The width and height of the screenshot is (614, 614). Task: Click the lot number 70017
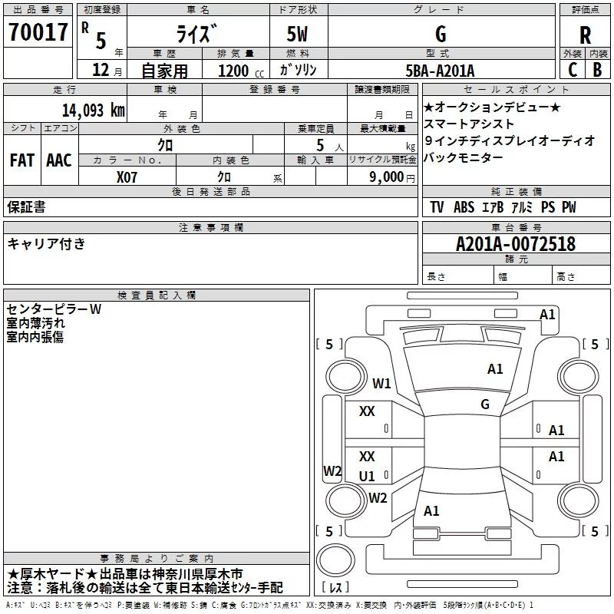(x=38, y=31)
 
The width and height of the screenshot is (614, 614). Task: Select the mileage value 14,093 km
(x=94, y=111)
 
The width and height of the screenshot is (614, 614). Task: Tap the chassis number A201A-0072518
(x=516, y=244)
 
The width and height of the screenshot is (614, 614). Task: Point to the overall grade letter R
(x=585, y=35)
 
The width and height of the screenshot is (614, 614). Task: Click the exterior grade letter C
(x=573, y=69)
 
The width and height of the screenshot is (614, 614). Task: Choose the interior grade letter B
(x=597, y=69)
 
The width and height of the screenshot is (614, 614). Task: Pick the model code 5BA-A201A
(x=440, y=71)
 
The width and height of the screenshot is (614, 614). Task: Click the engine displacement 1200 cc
(x=241, y=71)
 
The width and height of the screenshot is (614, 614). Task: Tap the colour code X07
(x=127, y=177)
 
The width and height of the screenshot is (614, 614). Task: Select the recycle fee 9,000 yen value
(x=392, y=177)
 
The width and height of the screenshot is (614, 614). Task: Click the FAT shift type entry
(x=22, y=160)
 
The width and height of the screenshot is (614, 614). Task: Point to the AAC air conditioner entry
(x=59, y=160)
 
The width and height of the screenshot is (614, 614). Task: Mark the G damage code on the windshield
(x=485, y=404)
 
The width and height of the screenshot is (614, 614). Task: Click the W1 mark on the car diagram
(x=381, y=383)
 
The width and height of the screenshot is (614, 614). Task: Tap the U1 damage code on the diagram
(x=367, y=476)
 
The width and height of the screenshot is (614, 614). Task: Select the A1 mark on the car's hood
(x=495, y=368)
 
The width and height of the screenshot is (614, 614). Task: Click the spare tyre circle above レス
(x=335, y=560)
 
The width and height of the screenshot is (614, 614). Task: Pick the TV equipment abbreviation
(x=437, y=206)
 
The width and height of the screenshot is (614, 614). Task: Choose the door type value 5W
(x=297, y=34)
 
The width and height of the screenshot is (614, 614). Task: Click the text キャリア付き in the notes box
(x=46, y=243)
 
